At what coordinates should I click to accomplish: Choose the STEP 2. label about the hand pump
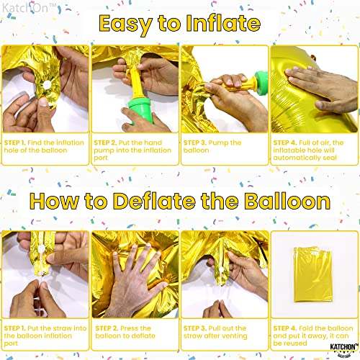coord(106,143)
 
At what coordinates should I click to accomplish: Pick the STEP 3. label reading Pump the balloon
coord(195,143)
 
